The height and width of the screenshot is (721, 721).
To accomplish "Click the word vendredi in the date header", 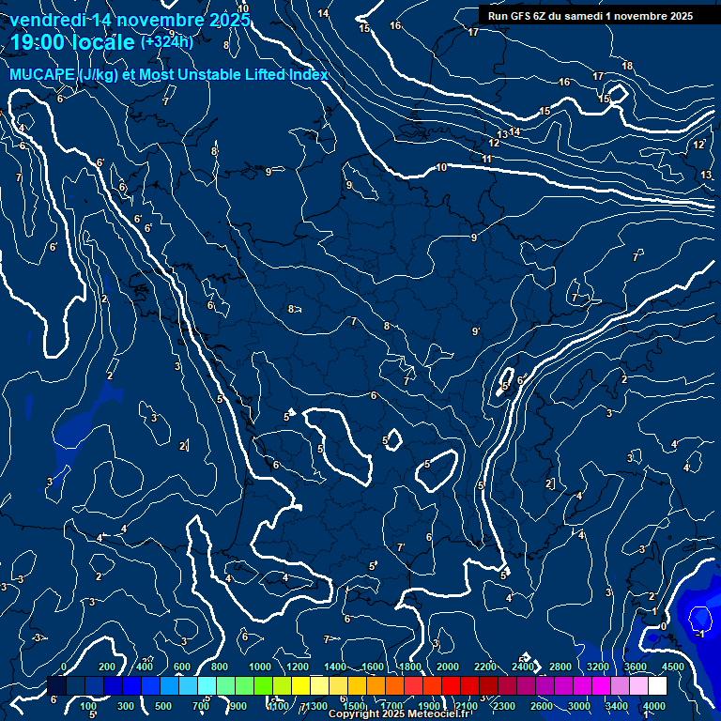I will (x=49, y=20).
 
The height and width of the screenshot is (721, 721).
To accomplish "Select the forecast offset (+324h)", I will (x=167, y=41).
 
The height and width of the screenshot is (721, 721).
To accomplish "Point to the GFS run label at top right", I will (x=590, y=15).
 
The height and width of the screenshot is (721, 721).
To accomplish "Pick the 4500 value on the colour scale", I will (x=673, y=667).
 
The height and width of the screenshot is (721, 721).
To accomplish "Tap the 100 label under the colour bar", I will (x=88, y=706).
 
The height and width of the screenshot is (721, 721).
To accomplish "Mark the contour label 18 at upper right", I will (x=627, y=66).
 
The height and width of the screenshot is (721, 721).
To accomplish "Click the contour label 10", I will (x=441, y=168).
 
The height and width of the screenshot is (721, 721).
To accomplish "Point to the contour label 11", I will (x=486, y=160).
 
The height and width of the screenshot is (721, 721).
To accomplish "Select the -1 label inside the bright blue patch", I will (x=698, y=634).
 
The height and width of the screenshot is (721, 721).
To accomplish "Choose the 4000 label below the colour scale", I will (x=654, y=706).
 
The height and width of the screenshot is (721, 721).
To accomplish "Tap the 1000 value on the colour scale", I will (x=259, y=667).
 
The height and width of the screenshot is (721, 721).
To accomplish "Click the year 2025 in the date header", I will (x=225, y=20).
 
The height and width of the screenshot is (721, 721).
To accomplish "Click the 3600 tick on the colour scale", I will (x=636, y=667).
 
